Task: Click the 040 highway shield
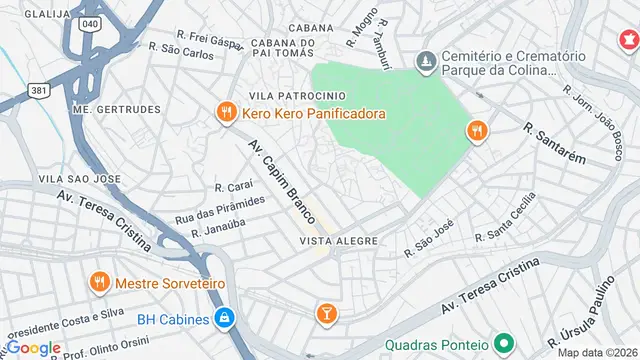pos(91,22)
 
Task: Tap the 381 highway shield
pos(40,89)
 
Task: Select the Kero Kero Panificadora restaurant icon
pos(227,114)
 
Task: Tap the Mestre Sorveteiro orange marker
pos(98,283)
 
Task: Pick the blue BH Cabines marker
pos(225,319)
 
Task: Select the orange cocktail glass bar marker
pos(326,313)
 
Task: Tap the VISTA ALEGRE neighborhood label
pos(337,241)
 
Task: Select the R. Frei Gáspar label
pos(209,33)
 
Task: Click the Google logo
pos(33,347)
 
